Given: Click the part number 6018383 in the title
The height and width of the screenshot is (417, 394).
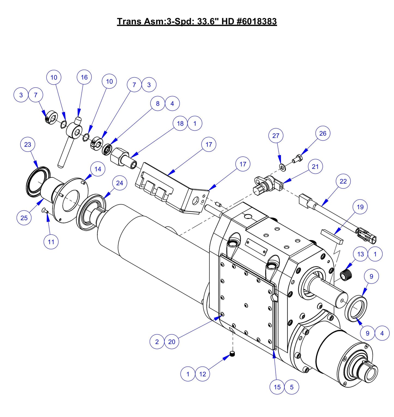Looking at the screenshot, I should click(257, 21).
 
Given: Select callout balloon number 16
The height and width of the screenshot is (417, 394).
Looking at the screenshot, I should click(84, 78).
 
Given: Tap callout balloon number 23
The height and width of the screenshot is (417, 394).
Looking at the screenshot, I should click(28, 145).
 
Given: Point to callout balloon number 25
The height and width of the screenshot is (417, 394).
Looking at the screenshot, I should click(24, 218).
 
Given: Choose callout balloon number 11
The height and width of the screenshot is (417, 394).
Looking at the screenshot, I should click(51, 242).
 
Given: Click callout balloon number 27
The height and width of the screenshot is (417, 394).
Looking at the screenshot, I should click(276, 136).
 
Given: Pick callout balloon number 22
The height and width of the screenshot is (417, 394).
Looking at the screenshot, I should click(343, 181).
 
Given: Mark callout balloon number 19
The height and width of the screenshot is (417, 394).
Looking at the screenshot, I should click(360, 207).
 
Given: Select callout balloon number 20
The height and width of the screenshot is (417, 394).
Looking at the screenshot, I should click(172, 342).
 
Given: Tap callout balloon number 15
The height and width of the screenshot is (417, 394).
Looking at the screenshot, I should click(277, 387).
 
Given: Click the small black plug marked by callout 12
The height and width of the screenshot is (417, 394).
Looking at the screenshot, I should click(232, 354).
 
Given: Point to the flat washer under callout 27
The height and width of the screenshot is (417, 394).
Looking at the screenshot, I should click(282, 166).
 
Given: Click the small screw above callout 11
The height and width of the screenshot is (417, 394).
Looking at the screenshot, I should click(45, 210).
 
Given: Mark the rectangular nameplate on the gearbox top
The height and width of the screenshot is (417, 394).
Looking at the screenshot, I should click(256, 247).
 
